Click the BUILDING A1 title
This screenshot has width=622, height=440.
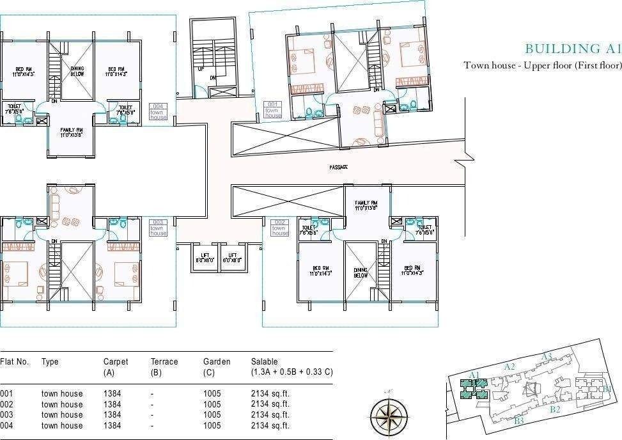coord(572,49)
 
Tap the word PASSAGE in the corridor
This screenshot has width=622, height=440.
coord(339,167)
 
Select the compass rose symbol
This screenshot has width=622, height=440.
coord(389,414)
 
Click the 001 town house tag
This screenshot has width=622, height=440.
coord(273,109)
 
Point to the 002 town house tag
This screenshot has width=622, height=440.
coord(279,228)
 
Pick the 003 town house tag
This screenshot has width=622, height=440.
coord(158,228)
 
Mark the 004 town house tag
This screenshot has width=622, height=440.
coord(158,111)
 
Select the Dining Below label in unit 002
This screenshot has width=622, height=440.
coord(361,272)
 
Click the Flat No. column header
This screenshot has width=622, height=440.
coord(15,361)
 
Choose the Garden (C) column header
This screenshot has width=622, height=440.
coord(217,366)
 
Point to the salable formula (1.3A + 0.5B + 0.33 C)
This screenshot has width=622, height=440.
coord(292,372)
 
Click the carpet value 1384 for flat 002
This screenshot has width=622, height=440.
coord(112,404)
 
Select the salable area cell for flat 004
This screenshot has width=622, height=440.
coord(270,425)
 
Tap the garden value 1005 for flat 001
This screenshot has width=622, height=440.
coord(212,394)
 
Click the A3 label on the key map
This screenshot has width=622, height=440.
coord(547,356)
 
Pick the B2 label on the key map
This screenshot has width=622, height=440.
coord(555,409)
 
